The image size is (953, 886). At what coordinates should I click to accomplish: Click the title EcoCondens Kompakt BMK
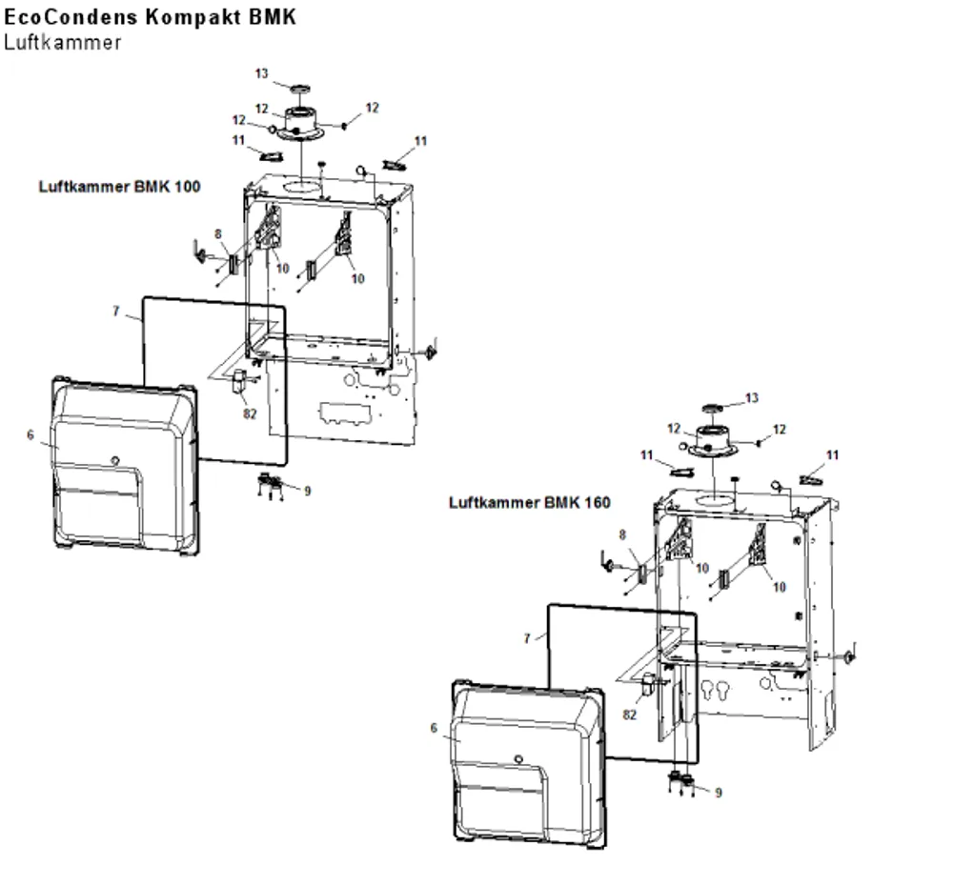150,16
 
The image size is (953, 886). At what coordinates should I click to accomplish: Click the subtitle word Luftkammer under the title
63,43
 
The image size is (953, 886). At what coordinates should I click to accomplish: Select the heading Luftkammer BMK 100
120,187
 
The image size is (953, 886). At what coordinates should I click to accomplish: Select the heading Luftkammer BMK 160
529,503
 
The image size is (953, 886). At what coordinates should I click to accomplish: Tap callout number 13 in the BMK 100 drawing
261,73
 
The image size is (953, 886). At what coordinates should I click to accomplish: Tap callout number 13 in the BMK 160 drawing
752,398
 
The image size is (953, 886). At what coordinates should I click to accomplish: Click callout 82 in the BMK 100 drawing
250,413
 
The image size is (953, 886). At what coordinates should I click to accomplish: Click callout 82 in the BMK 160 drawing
630,715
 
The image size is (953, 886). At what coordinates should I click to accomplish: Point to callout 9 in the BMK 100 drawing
308,491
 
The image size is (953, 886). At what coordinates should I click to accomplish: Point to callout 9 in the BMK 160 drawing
719,793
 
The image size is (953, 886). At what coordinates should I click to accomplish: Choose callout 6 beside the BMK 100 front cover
30,435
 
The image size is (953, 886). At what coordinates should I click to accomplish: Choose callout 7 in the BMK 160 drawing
527,638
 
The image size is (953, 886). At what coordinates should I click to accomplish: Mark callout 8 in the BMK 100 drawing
218,234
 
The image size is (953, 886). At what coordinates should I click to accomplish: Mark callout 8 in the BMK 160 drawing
622,535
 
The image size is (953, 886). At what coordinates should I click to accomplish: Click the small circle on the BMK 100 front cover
115,460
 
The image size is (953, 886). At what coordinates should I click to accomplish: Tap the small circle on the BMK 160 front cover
518,759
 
